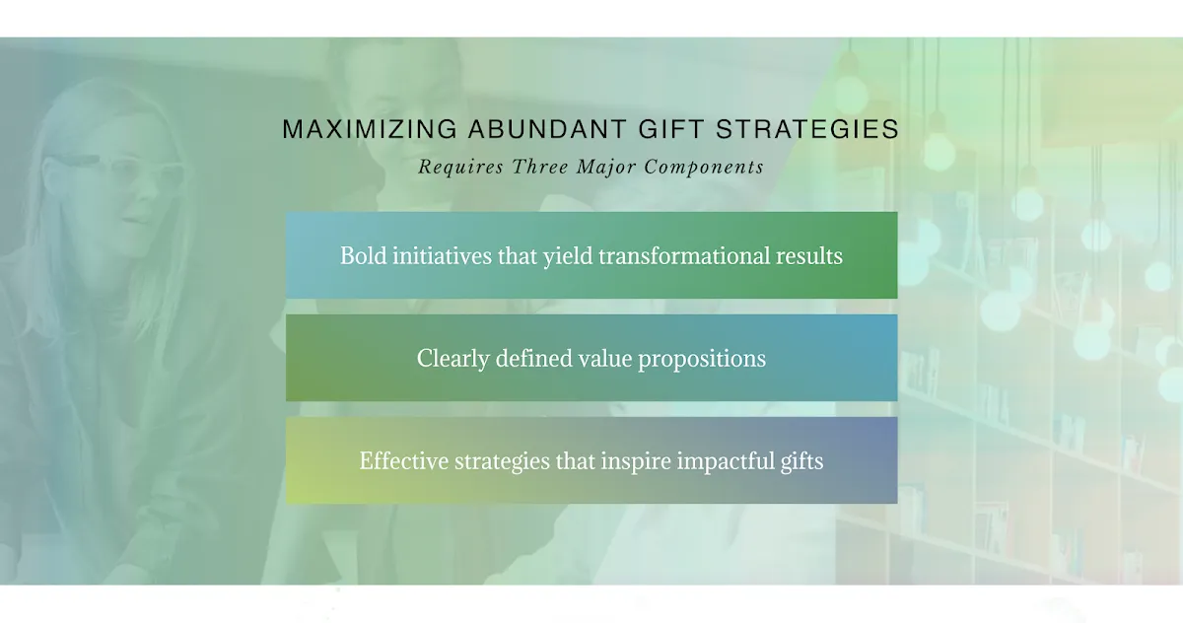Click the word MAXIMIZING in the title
[x=370, y=129]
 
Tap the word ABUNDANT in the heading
[x=548, y=129]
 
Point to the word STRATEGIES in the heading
[x=807, y=129]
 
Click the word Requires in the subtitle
[x=461, y=167]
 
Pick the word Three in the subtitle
[x=540, y=167]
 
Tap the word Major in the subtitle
[x=605, y=168]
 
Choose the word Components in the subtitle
[x=704, y=168]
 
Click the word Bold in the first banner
[x=363, y=255]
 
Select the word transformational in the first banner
[x=683, y=255]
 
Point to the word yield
[x=568, y=256]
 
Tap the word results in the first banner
[x=809, y=256]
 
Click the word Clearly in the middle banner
[x=453, y=359]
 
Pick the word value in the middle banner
[x=605, y=359]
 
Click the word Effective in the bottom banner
[x=404, y=461]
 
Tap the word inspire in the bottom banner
[x=636, y=462]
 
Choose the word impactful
[x=726, y=462]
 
